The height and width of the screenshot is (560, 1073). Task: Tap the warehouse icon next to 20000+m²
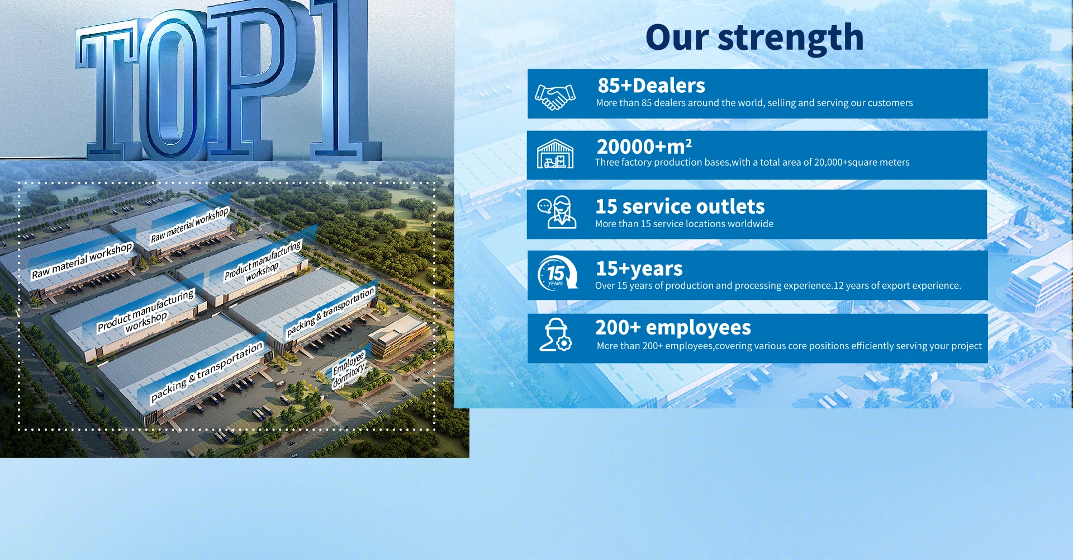pos(555,154)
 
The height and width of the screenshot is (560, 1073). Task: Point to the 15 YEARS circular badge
pos(557,274)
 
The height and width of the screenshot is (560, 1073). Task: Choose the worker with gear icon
pos(556,335)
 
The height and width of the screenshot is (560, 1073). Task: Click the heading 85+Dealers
pos(651,86)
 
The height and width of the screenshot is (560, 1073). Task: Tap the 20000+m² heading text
pos(644,147)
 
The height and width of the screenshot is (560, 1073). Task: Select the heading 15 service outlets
pos(680,206)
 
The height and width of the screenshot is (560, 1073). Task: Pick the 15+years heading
pos(639,269)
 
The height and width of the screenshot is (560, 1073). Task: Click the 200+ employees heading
pos(673,327)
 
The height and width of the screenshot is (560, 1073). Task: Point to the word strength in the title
pos(791,39)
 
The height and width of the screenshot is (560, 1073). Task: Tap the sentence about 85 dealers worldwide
pos(754,103)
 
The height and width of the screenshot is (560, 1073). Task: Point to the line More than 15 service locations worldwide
pos(684,224)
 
